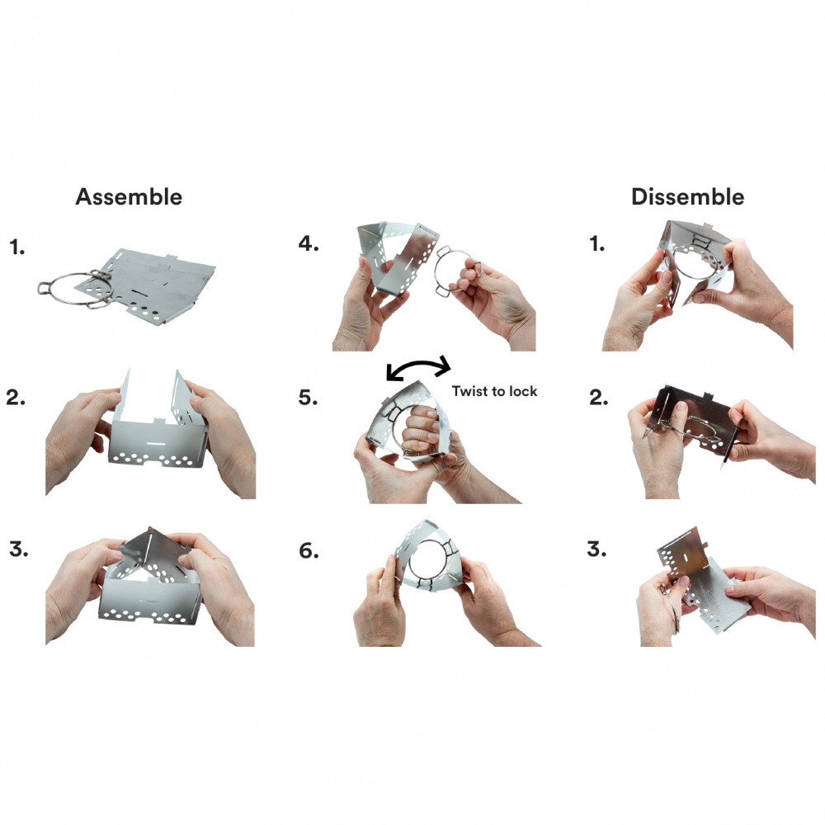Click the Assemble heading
[129, 197]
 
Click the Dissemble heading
[688, 197]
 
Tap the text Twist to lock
[494, 391]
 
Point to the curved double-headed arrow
[418, 362]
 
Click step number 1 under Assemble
[16, 247]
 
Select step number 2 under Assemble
[16, 398]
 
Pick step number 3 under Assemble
[18, 549]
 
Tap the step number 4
[309, 243]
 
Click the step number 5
[309, 398]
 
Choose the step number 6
[309, 550]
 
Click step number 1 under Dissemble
[596, 243]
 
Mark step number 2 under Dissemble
[599, 398]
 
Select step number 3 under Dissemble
[596, 549]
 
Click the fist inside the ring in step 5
[421, 431]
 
